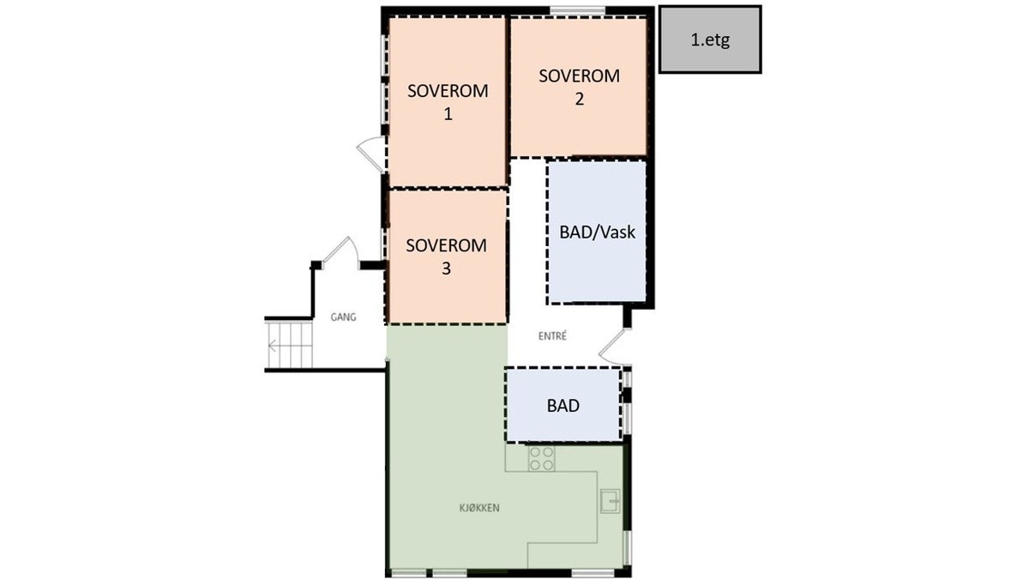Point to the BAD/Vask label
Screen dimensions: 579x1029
tap(597, 232)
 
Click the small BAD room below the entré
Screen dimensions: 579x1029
tap(563, 406)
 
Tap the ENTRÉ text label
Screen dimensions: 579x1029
tap(554, 336)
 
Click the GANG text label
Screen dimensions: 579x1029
tap(343, 317)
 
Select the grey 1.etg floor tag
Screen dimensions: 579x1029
tap(710, 39)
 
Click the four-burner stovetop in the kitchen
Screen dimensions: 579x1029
tap(541, 459)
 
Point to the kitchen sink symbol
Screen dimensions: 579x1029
tap(611, 498)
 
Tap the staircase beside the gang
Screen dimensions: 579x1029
tap(289, 346)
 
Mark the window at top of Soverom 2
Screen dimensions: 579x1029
tap(578, 10)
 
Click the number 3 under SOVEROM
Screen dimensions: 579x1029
tap(446, 268)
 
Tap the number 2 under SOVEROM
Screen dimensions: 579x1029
tap(580, 99)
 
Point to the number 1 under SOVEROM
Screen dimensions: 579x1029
tap(448, 114)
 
